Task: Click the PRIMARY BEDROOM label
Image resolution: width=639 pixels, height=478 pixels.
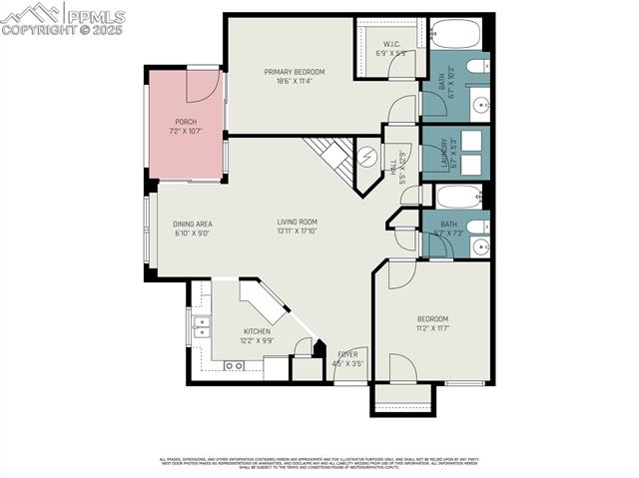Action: (x=290, y=71)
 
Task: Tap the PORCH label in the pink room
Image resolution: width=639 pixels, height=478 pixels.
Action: (x=186, y=122)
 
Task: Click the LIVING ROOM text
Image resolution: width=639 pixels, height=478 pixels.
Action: (x=298, y=222)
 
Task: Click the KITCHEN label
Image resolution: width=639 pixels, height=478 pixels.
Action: (x=258, y=331)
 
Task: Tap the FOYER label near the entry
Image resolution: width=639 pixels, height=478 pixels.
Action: (x=348, y=353)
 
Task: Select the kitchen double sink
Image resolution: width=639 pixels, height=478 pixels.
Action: (x=202, y=325)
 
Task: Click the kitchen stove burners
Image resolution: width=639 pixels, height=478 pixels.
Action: (x=234, y=366)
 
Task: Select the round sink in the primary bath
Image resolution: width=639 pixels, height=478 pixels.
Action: (x=479, y=103)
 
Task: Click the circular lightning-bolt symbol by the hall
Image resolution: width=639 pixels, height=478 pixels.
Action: (x=366, y=157)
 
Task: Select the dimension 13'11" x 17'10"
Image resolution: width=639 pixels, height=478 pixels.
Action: (x=298, y=231)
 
